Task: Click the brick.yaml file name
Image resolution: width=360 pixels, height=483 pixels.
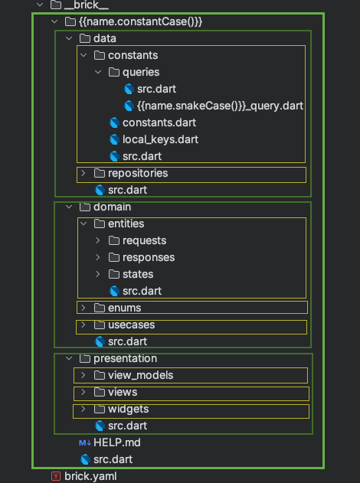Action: pos(90,476)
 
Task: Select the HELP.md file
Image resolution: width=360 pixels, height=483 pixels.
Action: pos(117,442)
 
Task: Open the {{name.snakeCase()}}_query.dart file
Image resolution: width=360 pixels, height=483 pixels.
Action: pos(220,106)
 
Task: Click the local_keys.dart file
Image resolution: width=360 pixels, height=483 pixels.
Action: pos(160,139)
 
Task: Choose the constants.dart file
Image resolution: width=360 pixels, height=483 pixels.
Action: pos(159,122)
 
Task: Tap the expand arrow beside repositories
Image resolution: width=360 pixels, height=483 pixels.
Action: pos(83,173)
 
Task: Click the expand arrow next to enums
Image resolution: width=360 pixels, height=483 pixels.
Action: pos(83,308)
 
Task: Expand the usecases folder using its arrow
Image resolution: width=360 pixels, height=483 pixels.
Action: pos(83,325)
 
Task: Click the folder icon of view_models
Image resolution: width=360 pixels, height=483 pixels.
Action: pos(100,375)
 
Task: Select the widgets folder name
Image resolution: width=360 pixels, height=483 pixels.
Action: pos(128,409)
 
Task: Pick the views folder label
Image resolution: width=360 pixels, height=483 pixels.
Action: pos(123,392)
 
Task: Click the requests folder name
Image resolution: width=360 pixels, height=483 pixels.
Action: pos(144,240)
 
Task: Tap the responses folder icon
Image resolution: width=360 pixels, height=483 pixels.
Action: pos(113,257)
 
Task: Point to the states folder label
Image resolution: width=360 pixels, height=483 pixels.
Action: pos(138,274)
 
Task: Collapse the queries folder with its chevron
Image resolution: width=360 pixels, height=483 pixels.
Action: pos(98,72)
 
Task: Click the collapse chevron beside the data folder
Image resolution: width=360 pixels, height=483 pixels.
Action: pos(69,38)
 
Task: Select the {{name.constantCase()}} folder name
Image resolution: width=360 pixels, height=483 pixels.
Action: pos(140,21)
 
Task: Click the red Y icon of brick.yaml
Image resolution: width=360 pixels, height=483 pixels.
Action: pos(55,476)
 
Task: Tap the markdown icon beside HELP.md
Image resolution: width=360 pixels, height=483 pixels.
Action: pos(85,443)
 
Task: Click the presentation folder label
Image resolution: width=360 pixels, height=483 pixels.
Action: pos(125,358)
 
